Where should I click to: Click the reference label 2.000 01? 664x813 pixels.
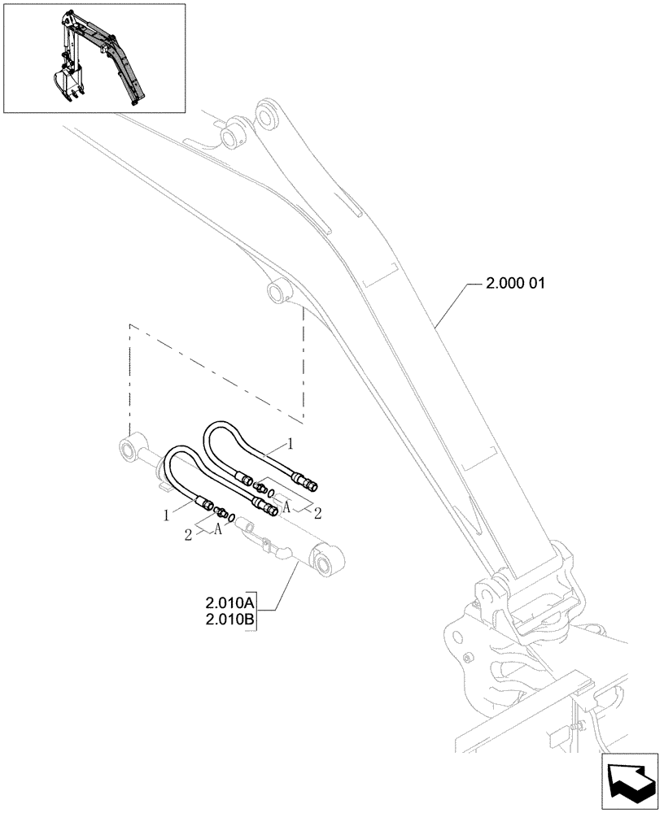point(515,285)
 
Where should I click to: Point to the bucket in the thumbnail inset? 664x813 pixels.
point(64,82)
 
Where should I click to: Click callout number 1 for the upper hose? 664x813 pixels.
point(289,445)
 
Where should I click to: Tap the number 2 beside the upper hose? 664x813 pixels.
point(317,512)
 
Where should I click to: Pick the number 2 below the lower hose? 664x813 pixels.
point(188,533)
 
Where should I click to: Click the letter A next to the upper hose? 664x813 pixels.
point(286,506)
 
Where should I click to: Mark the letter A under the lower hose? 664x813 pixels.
point(218,529)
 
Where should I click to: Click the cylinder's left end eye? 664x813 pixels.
point(129,447)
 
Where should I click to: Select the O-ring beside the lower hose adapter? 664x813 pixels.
point(232,516)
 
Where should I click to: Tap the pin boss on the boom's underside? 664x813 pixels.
point(278,290)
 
